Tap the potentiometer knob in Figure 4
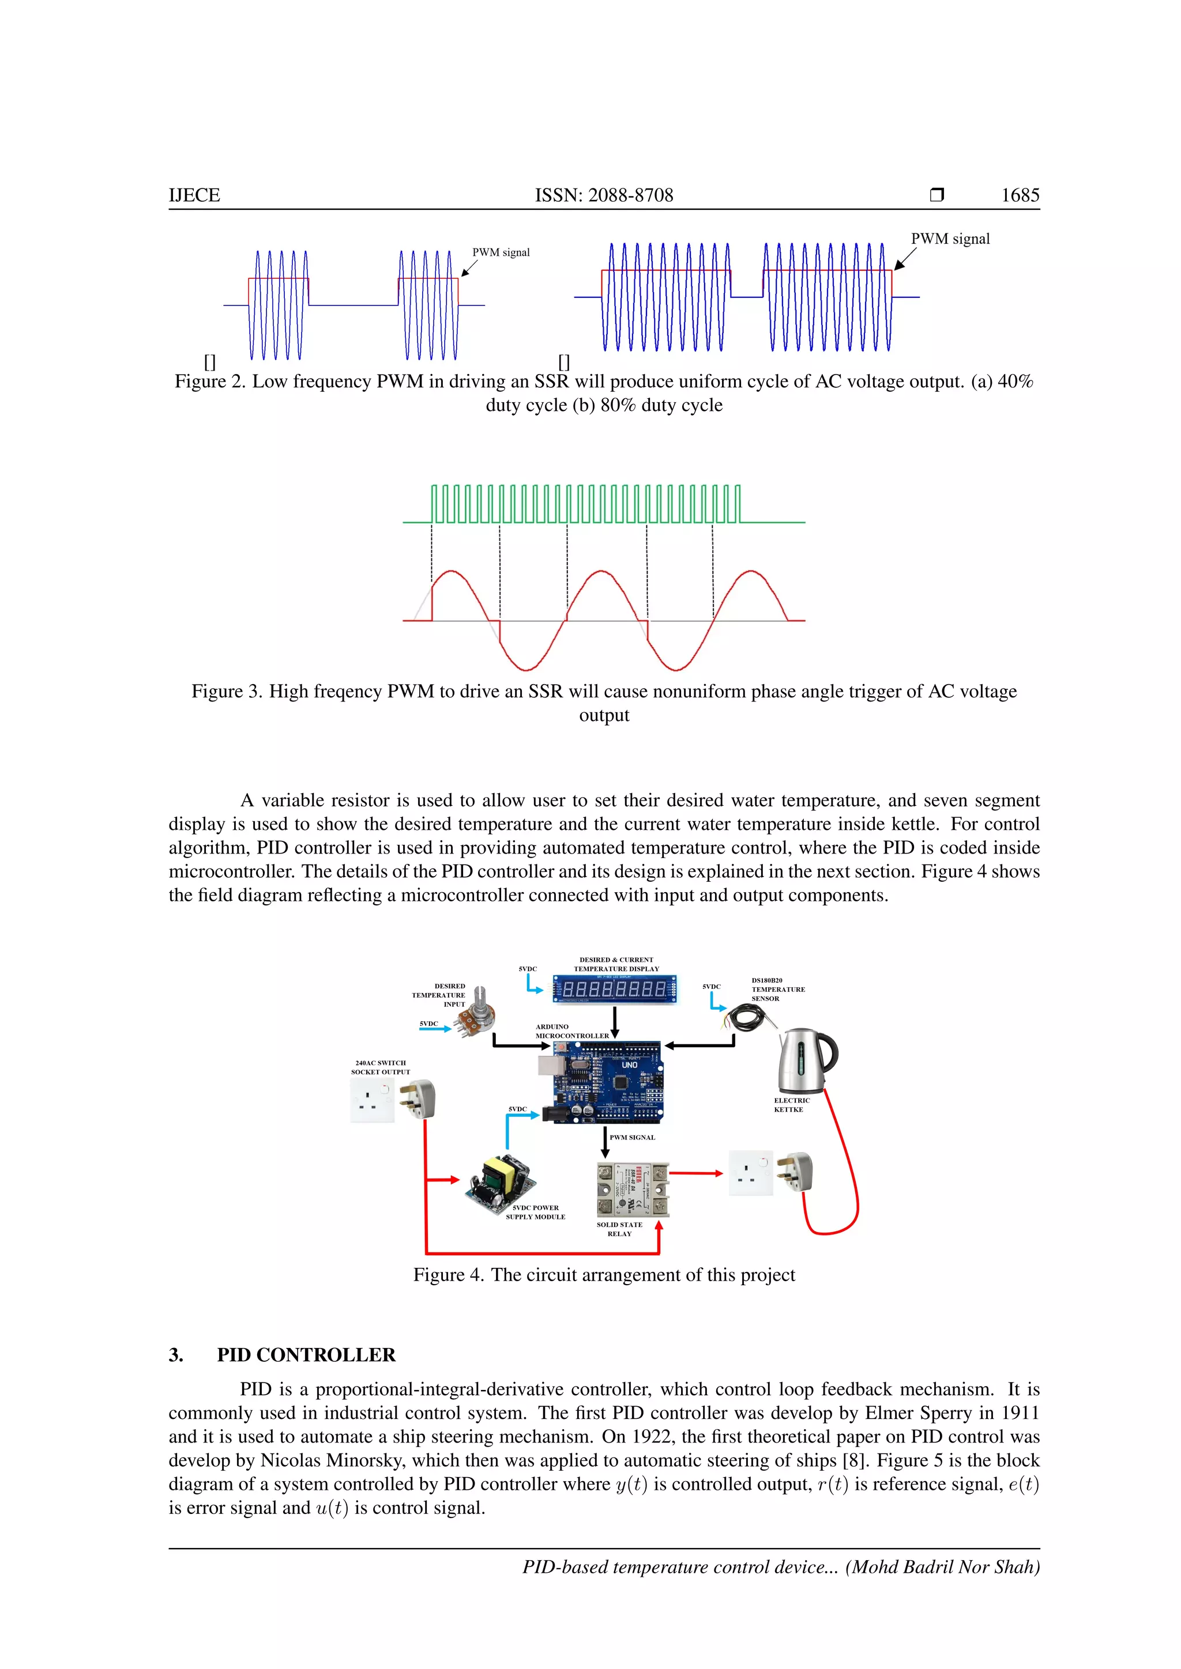coord(480,999)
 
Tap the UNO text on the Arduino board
coord(630,1065)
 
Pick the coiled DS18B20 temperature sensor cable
coord(746,1017)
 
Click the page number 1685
coord(1020,195)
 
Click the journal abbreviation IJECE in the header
coord(194,195)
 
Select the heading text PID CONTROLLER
coord(306,1355)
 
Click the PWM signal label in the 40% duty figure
coord(501,252)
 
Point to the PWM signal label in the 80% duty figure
coord(950,239)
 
